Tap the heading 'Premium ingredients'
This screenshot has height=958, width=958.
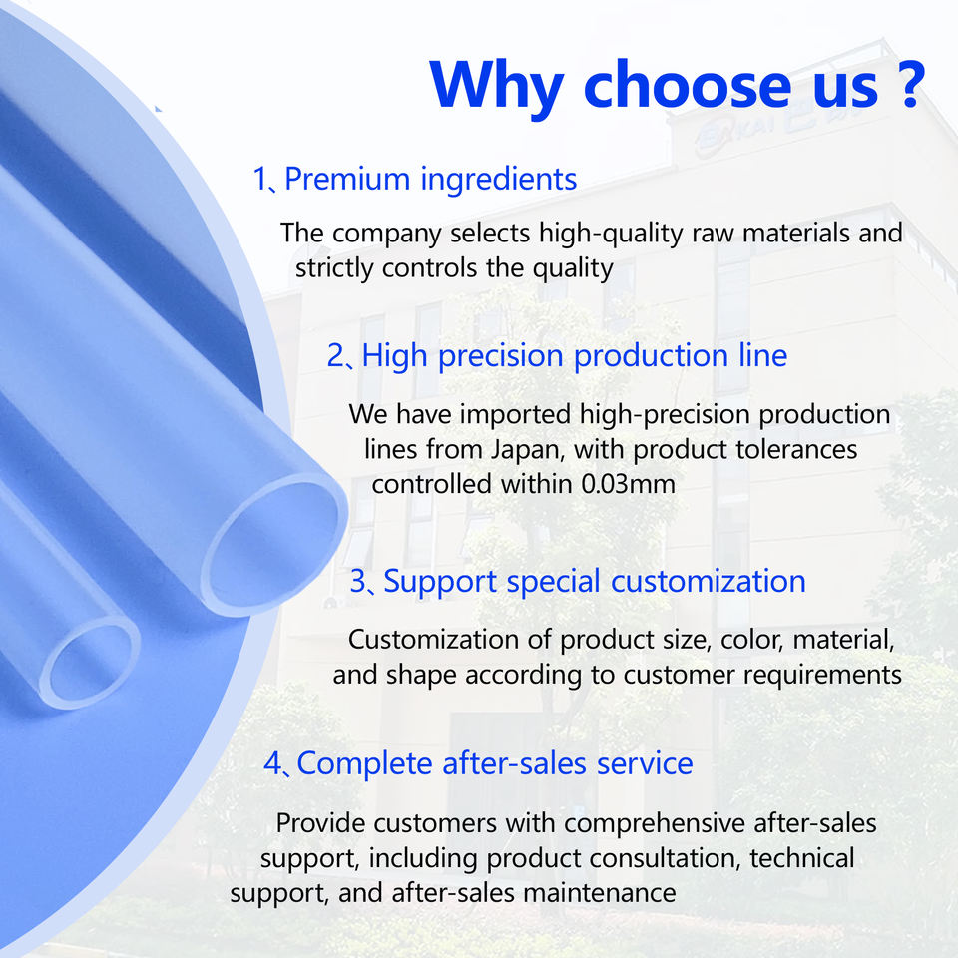[x=431, y=180]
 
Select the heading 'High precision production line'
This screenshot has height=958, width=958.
[x=575, y=356]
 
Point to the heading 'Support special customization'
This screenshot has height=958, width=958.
[x=595, y=582]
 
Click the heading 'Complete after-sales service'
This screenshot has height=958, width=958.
[x=495, y=763]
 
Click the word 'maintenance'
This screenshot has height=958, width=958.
[x=600, y=893]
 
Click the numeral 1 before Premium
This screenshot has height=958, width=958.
[x=260, y=180]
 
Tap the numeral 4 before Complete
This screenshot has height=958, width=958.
[x=272, y=763]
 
